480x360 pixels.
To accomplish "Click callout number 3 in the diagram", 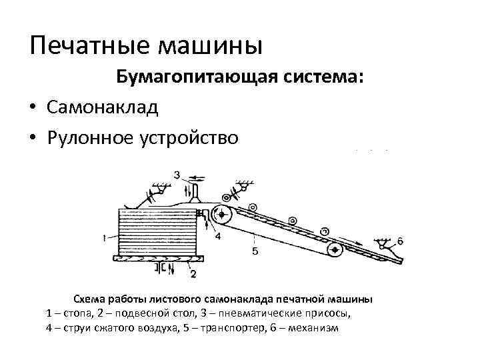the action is click(x=177, y=175).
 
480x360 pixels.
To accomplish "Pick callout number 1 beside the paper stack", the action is click(x=105, y=237).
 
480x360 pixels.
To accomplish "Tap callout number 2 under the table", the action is click(x=193, y=273).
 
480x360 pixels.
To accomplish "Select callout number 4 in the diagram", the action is click(x=217, y=235).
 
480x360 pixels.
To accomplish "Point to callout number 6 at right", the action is click(x=399, y=241).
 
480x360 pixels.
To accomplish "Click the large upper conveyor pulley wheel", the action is click(x=222, y=215).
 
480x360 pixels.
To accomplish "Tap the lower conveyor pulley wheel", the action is click(x=334, y=249).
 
